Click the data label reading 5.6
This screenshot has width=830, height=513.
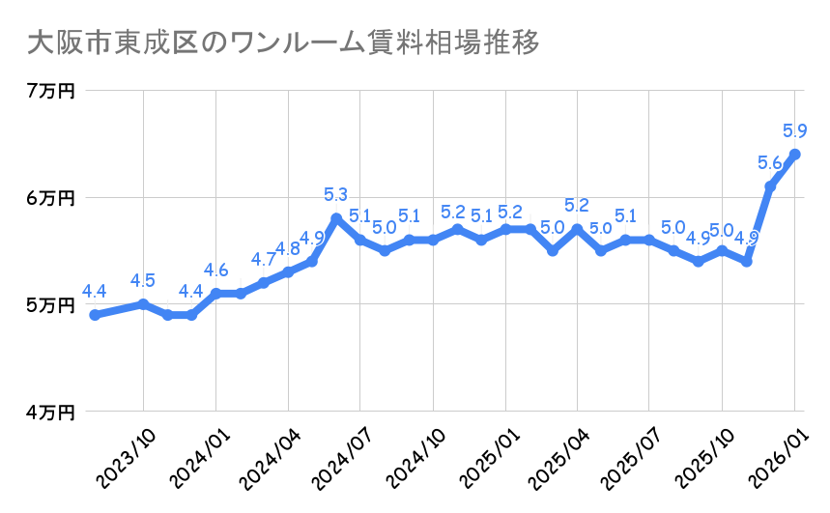pos(770,163)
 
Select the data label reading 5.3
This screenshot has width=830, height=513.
pos(336,195)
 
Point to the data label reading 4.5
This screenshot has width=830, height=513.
pos(143,281)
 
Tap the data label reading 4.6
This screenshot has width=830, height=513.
pos(215,271)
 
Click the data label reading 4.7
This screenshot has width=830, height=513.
pos(264,260)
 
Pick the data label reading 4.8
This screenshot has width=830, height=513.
pos(288,249)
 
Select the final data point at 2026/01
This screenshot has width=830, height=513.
pos(794,155)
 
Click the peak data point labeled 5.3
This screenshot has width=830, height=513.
pos(335,218)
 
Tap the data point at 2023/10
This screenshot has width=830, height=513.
pos(143,304)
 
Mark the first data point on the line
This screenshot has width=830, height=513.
pos(95,315)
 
